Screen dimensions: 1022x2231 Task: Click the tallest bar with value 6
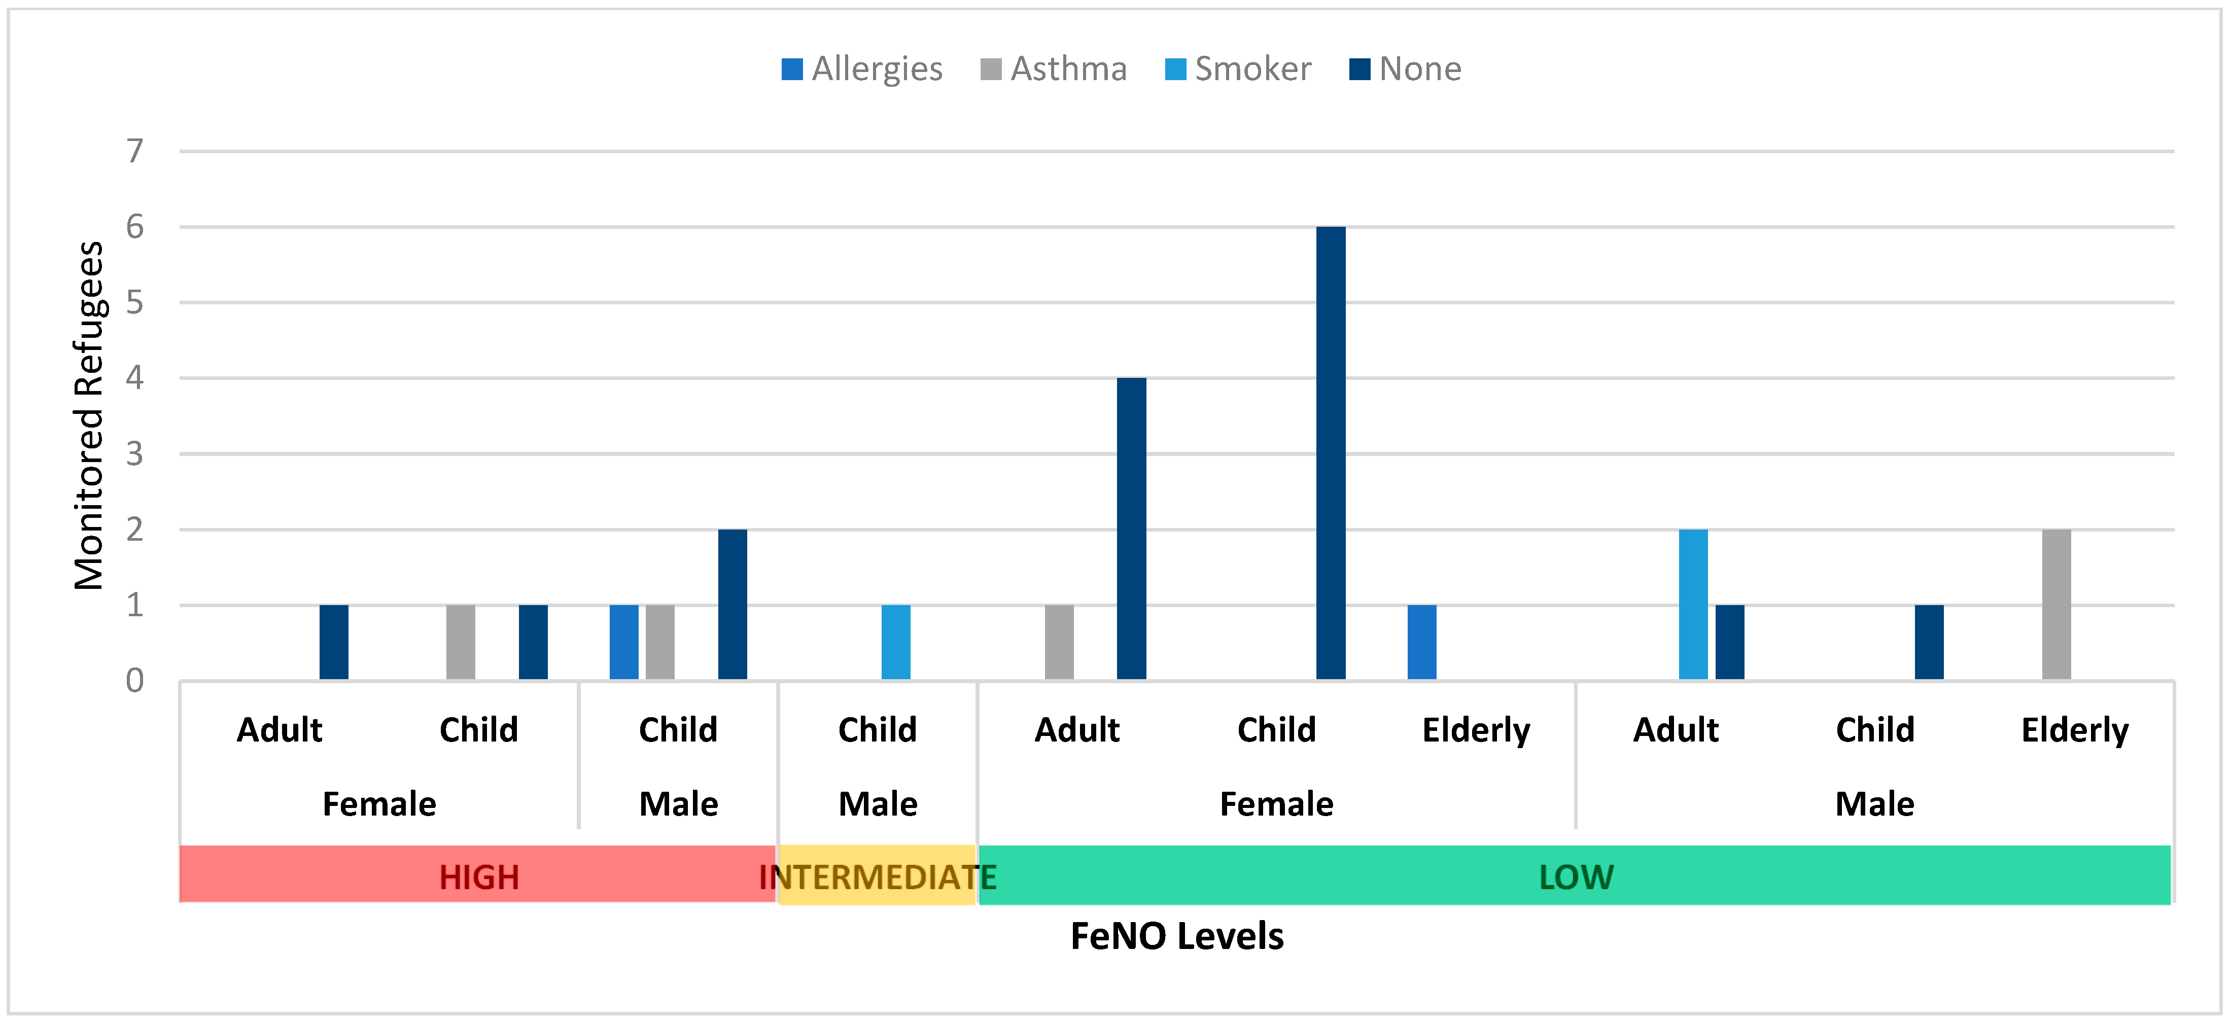(1330, 453)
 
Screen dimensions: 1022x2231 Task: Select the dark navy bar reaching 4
(1131, 528)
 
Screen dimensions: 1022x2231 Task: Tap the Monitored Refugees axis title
(88, 416)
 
